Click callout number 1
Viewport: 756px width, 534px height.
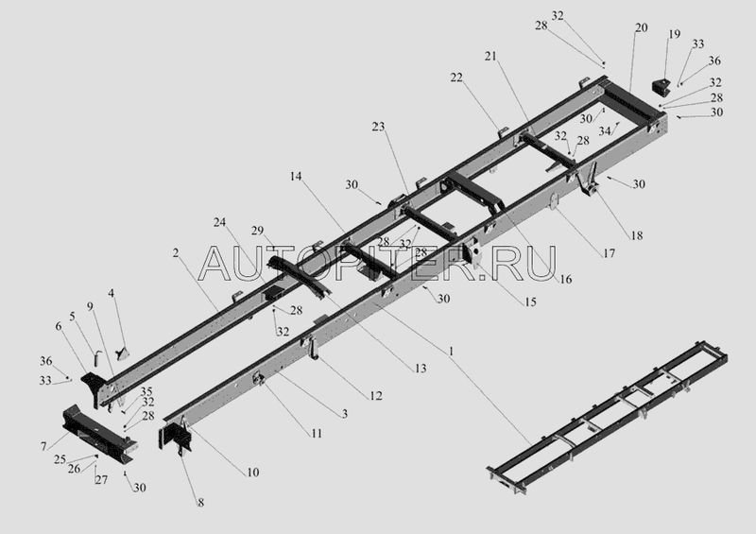pyautogui.click(x=451, y=351)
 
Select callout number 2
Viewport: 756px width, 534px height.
pyautogui.click(x=175, y=252)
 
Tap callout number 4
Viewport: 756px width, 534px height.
pyautogui.click(x=112, y=294)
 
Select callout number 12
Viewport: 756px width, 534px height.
pyautogui.click(x=377, y=395)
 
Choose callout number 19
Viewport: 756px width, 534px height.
pyautogui.click(x=674, y=35)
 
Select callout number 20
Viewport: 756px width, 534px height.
pyautogui.click(x=641, y=28)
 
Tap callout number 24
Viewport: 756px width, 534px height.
pyautogui.click(x=219, y=223)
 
